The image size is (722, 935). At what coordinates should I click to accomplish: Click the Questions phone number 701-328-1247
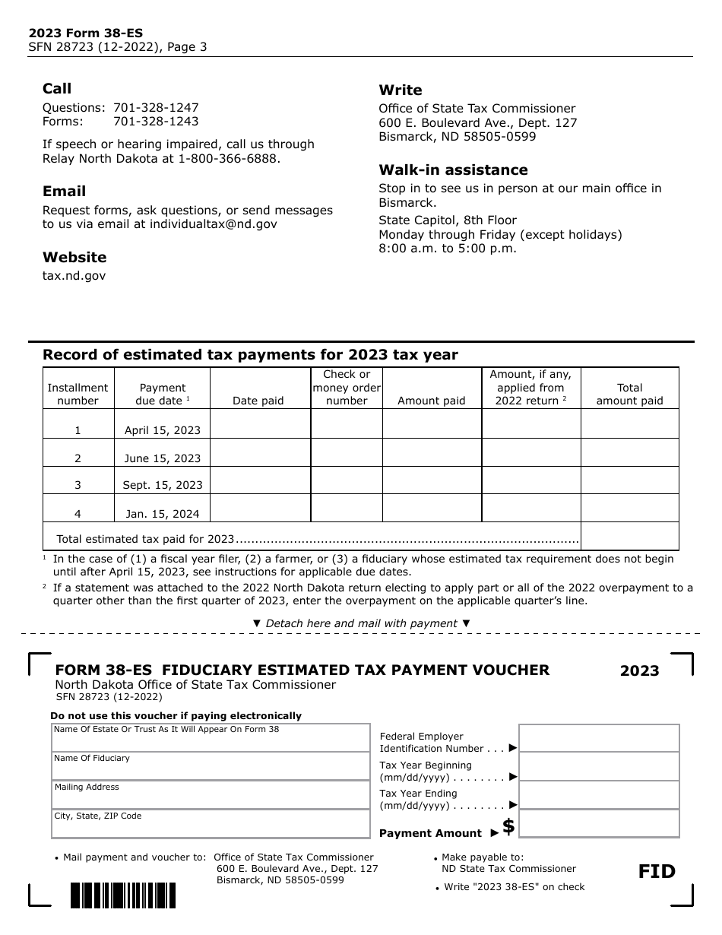coord(156,108)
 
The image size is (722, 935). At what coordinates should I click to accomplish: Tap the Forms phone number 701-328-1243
coord(156,122)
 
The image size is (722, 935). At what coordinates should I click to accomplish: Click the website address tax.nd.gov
coord(74,276)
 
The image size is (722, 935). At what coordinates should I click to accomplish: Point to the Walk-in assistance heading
coord(453,170)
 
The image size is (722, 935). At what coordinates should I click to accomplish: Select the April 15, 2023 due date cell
coord(163,429)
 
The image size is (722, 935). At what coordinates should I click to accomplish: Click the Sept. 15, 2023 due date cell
coord(163,485)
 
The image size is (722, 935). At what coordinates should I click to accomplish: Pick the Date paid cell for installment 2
coord(259,453)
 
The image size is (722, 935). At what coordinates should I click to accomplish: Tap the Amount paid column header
coord(431,401)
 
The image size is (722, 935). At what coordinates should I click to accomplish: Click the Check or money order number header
coord(347,388)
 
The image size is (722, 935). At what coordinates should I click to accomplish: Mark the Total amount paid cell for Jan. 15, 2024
coord(629,508)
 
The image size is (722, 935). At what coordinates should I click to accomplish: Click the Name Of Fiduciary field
coord(211,766)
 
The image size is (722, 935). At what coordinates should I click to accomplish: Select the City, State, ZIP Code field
coord(211,824)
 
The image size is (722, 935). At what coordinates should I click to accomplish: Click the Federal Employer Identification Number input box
coord(599,738)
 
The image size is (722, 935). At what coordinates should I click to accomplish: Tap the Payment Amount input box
coord(599,824)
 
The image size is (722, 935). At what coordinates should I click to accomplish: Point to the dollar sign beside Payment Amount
coord(508,827)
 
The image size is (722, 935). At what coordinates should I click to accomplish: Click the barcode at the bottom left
coord(123,895)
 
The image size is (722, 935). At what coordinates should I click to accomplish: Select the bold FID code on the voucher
coord(657,871)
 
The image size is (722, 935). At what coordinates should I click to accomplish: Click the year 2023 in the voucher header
coord(639,670)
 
